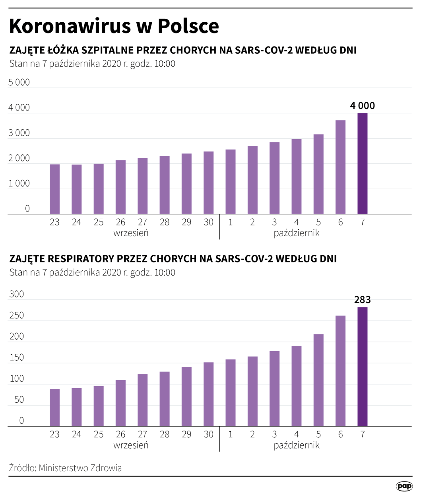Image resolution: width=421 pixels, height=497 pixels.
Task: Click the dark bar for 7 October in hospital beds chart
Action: [x=362, y=164]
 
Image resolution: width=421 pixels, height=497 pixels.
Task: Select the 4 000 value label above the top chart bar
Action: [x=362, y=106]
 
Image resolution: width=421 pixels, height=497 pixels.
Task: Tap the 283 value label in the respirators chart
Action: [x=362, y=300]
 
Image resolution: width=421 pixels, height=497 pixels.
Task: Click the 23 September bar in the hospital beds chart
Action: [x=54, y=189]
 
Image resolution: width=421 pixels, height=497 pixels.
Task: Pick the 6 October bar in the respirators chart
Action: [x=340, y=371]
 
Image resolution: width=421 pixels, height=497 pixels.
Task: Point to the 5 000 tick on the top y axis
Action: [x=19, y=82]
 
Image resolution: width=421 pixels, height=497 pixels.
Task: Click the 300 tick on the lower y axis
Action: [x=17, y=294]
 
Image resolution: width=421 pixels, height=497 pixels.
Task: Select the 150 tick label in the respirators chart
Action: [x=17, y=357]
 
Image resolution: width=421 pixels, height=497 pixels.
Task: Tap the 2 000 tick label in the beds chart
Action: [x=19, y=158]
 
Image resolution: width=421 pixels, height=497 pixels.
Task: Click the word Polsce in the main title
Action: [x=188, y=26]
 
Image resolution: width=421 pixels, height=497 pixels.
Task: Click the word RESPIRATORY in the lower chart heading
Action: [x=81, y=259]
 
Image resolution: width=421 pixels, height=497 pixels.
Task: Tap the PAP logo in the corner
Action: [x=404, y=486]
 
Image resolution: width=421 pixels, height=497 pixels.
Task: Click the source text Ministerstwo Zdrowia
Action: [x=80, y=468]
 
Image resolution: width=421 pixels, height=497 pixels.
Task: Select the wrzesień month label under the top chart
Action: [x=131, y=233]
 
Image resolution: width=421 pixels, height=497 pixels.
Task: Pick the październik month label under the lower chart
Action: [x=297, y=445]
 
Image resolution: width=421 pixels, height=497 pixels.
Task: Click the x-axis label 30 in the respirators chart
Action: [x=208, y=435]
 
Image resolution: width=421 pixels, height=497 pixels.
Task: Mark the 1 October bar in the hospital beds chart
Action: [x=230, y=182]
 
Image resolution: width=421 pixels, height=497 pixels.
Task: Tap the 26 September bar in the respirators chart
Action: [x=120, y=403]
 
